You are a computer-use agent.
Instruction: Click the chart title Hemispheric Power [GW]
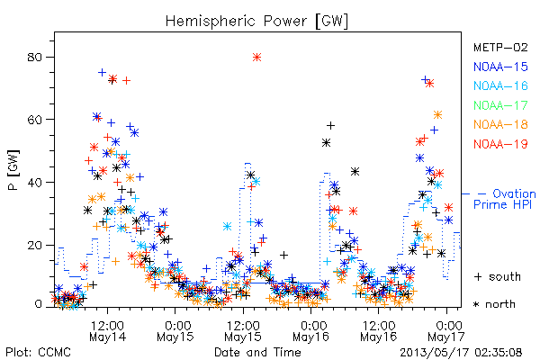(x=256, y=22)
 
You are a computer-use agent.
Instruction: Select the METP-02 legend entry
(x=500, y=47)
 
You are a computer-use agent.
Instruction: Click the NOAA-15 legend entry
(x=500, y=67)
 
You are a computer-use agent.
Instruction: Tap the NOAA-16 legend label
(x=500, y=85)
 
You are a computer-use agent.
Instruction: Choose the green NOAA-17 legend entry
(x=500, y=105)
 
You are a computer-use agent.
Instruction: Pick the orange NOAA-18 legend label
(x=500, y=124)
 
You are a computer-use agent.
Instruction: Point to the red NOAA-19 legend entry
(x=500, y=144)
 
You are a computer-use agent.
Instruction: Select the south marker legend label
(x=498, y=276)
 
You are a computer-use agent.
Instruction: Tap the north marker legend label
(x=494, y=304)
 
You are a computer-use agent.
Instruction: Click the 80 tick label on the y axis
(x=34, y=57)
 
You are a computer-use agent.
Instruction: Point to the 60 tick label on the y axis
(x=34, y=120)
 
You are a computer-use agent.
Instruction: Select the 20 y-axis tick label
(x=34, y=245)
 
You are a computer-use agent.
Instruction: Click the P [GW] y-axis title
(x=13, y=170)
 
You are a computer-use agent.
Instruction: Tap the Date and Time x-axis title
(x=257, y=353)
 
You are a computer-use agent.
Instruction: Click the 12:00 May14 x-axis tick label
(x=107, y=331)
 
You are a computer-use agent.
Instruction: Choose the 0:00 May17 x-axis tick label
(x=446, y=331)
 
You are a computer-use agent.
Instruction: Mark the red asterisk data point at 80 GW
(x=256, y=58)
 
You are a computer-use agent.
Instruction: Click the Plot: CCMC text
(x=38, y=353)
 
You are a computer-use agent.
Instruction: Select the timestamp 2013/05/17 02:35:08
(x=461, y=353)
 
